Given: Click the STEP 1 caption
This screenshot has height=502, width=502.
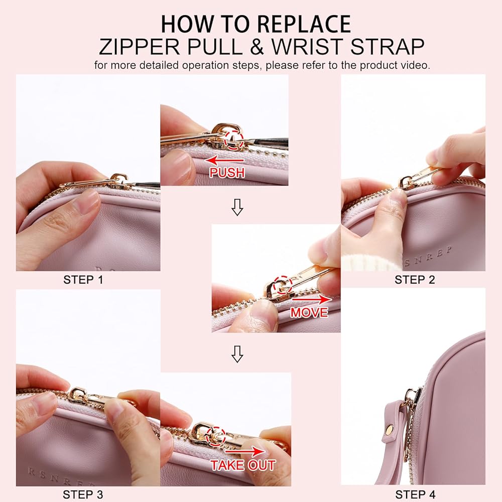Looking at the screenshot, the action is [83, 280].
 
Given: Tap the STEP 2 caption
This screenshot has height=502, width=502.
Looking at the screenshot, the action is [415, 280].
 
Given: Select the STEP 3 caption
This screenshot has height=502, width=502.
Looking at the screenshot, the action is [83, 494].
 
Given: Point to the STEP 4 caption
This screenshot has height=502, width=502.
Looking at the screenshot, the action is [415, 494].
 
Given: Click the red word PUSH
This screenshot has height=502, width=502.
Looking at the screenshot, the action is [227, 173].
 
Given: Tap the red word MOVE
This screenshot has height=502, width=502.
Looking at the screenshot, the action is [309, 312].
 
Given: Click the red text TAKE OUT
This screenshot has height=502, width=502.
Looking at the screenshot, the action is [243, 465].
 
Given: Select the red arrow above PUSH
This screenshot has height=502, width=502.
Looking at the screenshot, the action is [224, 160].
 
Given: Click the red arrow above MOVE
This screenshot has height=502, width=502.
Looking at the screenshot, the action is [312, 299].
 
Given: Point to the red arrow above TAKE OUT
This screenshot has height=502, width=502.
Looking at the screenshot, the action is [245, 451].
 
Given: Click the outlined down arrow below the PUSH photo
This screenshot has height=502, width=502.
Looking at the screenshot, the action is [237, 207].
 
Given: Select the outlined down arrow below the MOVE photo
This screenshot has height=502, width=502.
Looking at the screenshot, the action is [237, 354].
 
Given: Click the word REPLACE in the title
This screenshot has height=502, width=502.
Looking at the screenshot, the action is [304, 24].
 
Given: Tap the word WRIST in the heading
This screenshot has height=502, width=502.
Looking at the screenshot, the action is [307, 47].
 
